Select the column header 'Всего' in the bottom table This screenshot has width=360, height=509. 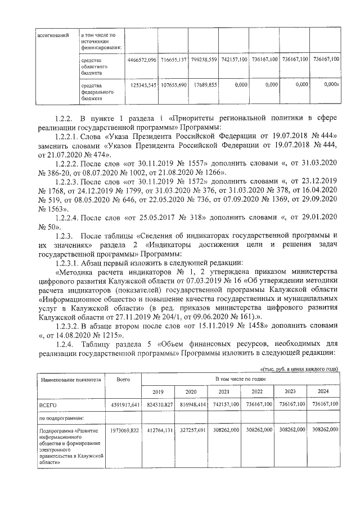click(x=123, y=380)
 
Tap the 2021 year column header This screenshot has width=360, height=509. click(x=223, y=391)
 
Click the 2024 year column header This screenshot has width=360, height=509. click(x=323, y=391)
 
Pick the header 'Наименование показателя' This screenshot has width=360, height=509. click(x=70, y=380)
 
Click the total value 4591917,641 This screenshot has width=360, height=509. click(x=124, y=404)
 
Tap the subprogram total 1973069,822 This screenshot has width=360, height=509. click(x=124, y=429)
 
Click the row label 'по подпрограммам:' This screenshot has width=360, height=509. click(x=61, y=417)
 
